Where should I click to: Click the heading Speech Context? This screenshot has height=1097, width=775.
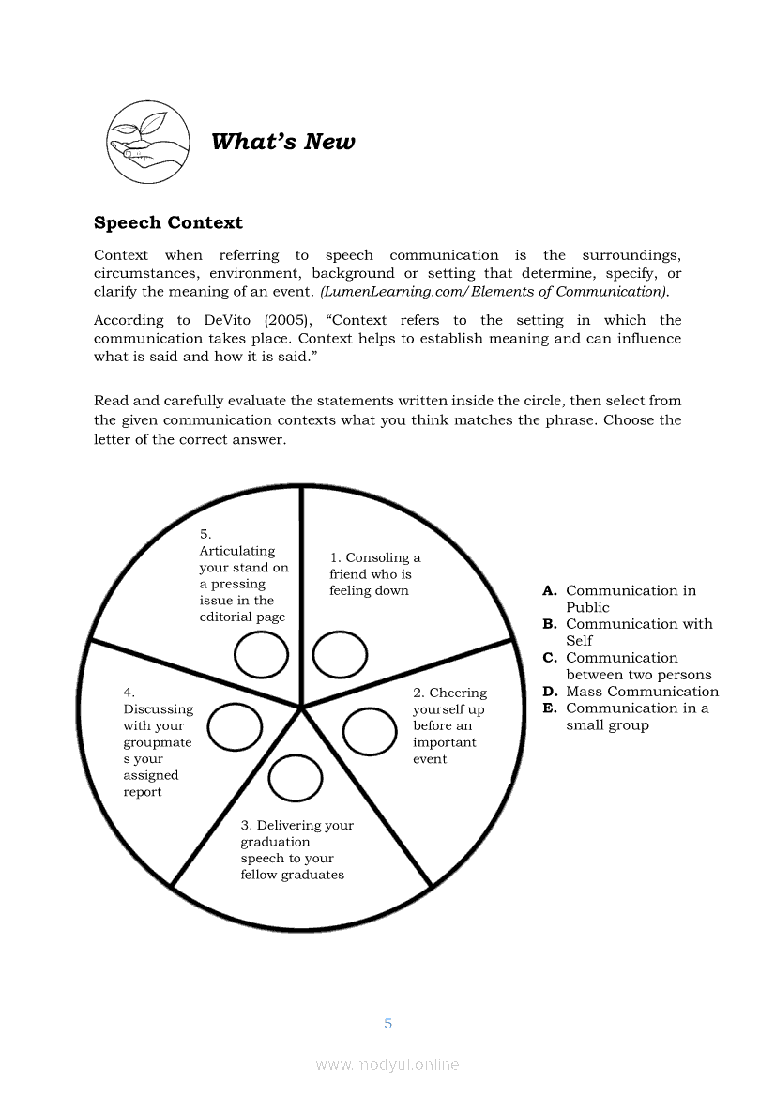point(168,222)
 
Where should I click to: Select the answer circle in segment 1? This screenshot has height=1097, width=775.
point(340,655)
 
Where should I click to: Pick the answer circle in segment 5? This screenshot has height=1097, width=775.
point(262,655)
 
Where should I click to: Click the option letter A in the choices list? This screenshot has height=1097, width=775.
point(550,591)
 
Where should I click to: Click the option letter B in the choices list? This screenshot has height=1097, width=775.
point(550,624)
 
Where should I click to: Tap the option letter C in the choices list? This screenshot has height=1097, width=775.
point(550,658)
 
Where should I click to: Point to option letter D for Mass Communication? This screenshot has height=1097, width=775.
point(550,692)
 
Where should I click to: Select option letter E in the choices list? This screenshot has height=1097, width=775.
point(550,708)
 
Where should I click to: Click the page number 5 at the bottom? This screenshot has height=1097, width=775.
point(387,1023)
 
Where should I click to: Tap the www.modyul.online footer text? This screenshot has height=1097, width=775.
point(387,1065)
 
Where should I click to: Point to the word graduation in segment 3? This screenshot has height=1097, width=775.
point(275,842)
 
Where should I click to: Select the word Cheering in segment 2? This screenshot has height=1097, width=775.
point(458,693)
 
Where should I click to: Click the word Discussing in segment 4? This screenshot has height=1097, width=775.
point(158,709)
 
